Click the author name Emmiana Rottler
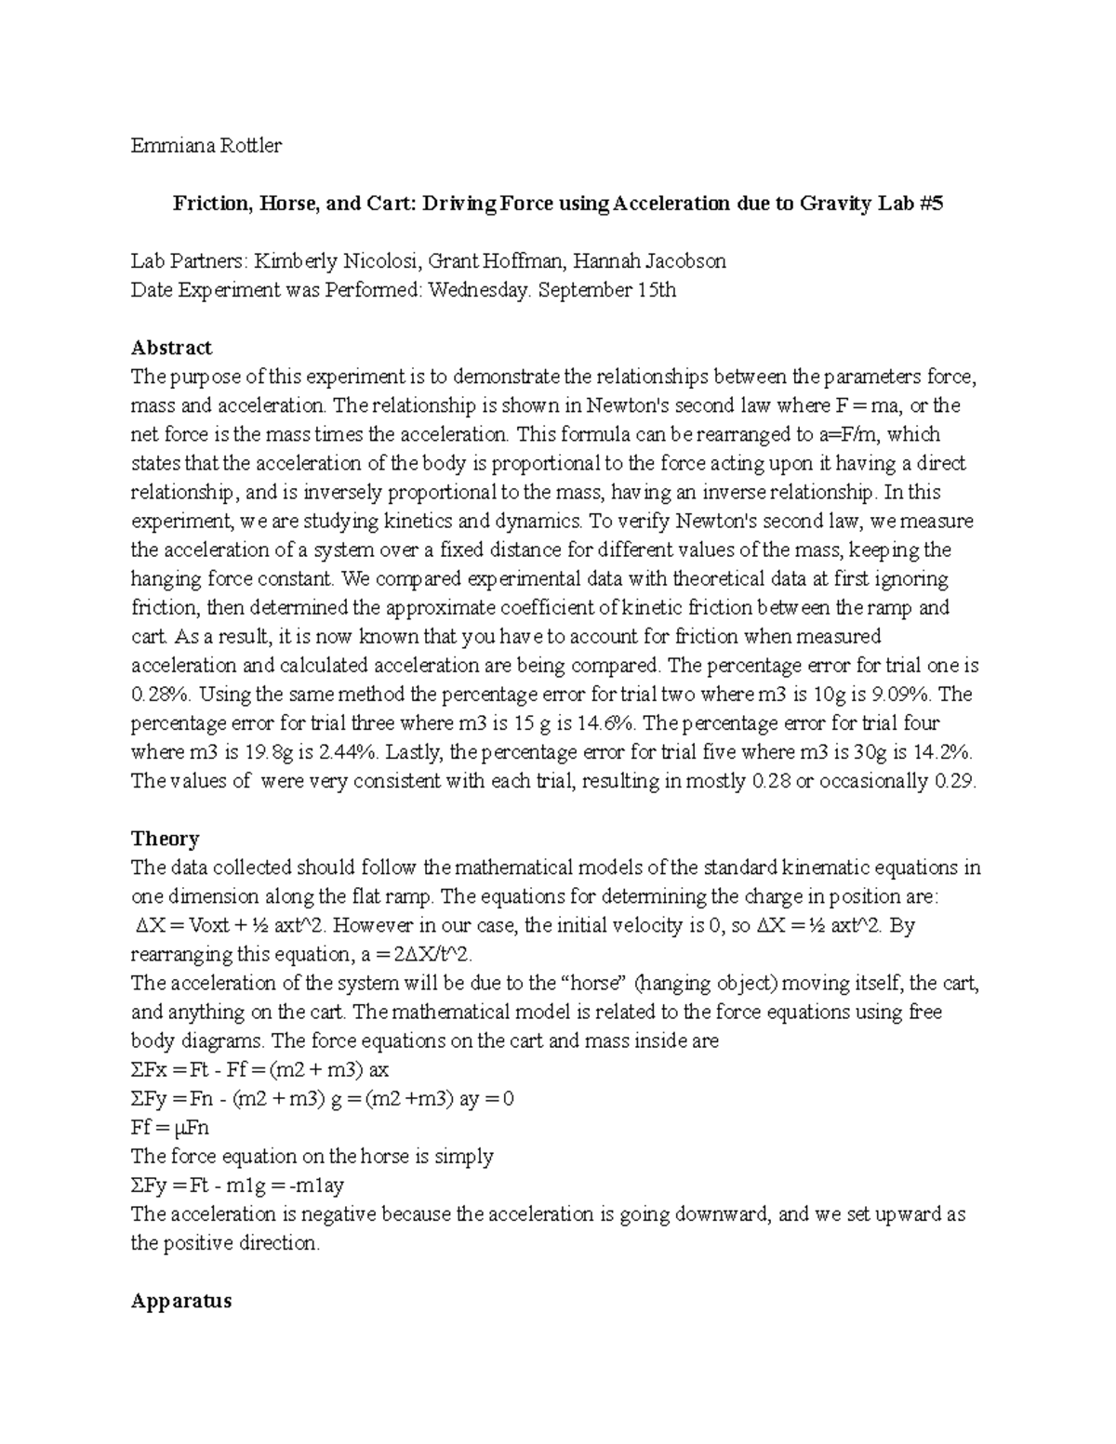click(x=206, y=145)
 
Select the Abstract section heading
click(x=171, y=348)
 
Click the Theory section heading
click(x=165, y=839)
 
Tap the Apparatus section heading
click(x=180, y=1301)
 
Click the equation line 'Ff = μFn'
click(x=170, y=1128)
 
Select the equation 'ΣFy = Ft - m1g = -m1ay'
click(x=238, y=1186)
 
